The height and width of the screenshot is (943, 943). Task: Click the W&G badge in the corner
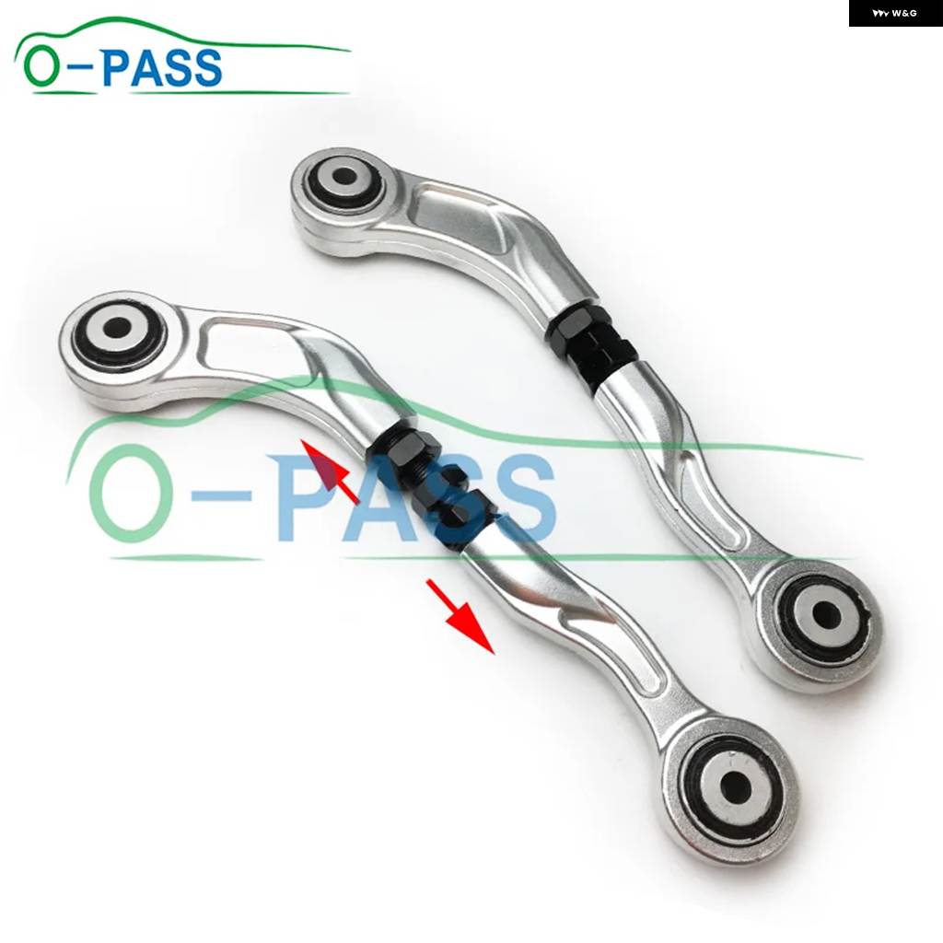(895, 13)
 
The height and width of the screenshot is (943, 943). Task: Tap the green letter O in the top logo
(43, 66)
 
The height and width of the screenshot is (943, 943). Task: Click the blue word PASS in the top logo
(162, 66)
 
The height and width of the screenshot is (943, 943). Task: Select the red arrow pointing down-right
(460, 616)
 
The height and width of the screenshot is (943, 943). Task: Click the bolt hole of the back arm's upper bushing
(344, 177)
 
